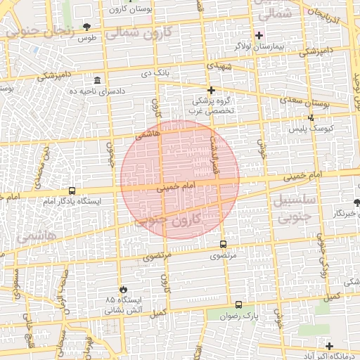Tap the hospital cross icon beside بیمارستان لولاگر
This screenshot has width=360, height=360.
tap(259, 35)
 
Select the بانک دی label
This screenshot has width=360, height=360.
tap(156, 72)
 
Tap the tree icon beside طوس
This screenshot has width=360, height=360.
tap(86, 27)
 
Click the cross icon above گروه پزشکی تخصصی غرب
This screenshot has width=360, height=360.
tap(211, 89)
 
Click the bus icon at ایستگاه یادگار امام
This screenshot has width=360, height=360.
tap(72, 191)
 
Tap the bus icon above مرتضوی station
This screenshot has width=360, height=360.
tap(223, 245)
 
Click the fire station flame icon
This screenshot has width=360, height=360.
tap(124, 288)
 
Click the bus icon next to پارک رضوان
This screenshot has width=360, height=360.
tap(238, 305)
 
